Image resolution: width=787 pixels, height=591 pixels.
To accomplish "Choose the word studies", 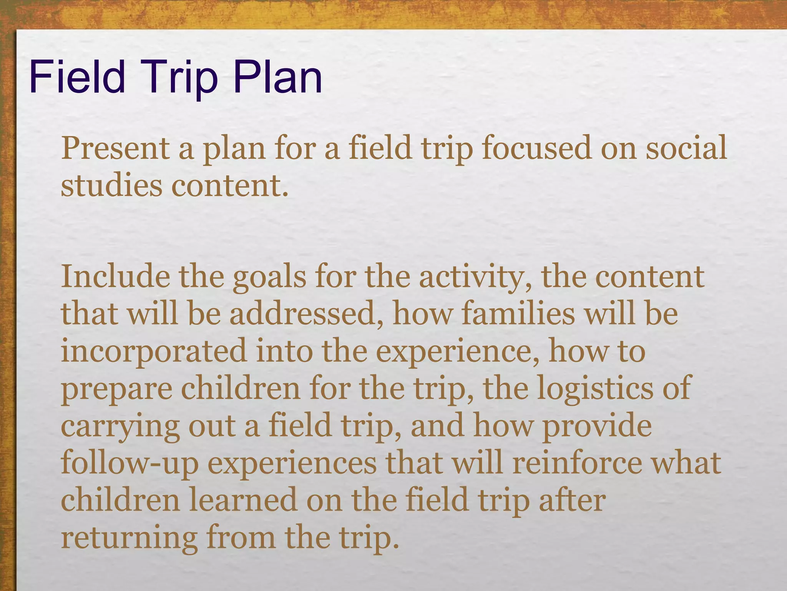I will [111, 185].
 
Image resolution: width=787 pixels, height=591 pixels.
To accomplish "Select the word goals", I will [269, 277].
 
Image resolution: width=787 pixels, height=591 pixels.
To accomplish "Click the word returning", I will [129, 538].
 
